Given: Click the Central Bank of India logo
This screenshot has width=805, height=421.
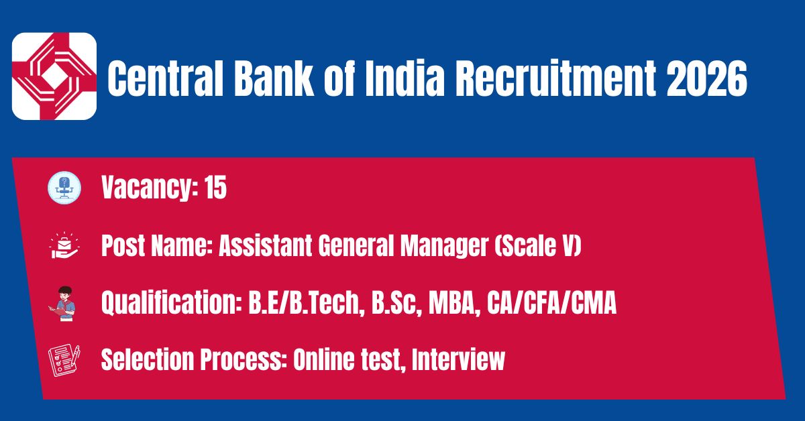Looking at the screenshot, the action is tap(54, 76).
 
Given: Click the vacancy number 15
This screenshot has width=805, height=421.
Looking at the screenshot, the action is tap(215, 187).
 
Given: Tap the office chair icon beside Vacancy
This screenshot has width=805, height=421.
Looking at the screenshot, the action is tap(64, 188).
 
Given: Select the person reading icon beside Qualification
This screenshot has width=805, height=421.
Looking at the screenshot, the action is tap(63, 304).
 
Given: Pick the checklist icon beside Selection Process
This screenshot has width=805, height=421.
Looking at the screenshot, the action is tap(64, 361).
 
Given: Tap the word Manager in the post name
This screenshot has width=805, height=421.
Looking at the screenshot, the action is tap(444, 247).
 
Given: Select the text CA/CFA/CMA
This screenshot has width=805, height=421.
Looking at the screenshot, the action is tap(551, 303).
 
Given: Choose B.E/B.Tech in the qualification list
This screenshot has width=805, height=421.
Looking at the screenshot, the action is tap(305, 303).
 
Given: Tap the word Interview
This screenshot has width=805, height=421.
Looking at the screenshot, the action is tap(458, 359).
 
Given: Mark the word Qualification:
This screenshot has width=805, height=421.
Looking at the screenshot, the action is tap(172, 303).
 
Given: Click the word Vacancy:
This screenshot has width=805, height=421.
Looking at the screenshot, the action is tap(150, 188).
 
